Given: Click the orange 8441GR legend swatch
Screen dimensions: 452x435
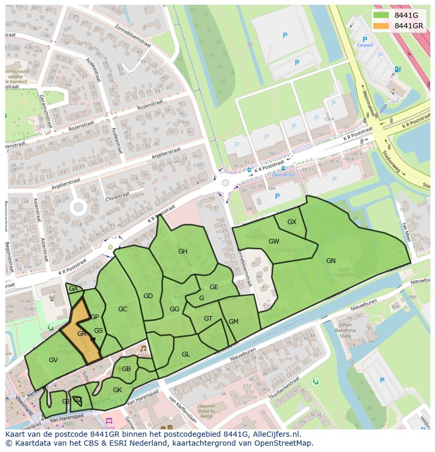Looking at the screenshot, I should click(x=381, y=26).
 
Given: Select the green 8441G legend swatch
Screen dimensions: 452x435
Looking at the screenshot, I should click(x=381, y=15).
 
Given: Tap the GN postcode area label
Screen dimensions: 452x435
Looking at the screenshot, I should click(x=330, y=260).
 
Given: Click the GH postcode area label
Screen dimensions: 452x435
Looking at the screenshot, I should click(x=182, y=251).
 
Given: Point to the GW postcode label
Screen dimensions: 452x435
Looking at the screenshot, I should click(x=274, y=241).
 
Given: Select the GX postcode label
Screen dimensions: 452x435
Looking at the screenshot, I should click(x=292, y=222).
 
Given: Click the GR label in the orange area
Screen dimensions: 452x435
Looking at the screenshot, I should click(x=81, y=334).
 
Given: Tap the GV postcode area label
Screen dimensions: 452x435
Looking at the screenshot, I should click(x=53, y=360).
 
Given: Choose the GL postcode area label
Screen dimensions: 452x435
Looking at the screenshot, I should click(x=185, y=354).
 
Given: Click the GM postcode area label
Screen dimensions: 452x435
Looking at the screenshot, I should click(x=233, y=322).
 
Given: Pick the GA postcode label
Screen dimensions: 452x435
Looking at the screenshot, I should click(x=73, y=289).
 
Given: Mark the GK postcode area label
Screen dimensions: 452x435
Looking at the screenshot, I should click(x=117, y=390).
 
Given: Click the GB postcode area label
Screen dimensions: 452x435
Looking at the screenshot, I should click(x=126, y=369).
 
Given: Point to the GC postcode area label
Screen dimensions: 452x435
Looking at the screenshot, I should click(x=122, y=309).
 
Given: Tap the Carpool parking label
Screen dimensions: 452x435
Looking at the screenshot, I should click(x=365, y=45).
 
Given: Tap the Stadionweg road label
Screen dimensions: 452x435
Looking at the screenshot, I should click(x=392, y=162).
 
